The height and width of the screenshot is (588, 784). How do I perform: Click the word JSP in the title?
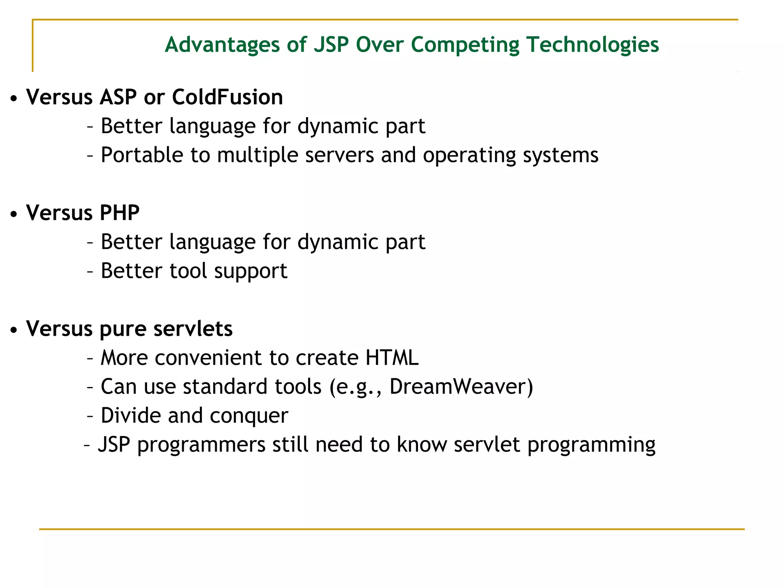(x=331, y=45)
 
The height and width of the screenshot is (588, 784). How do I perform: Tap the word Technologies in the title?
(x=593, y=45)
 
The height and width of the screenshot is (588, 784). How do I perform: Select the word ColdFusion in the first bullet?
(x=227, y=97)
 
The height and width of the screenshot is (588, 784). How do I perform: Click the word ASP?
(x=118, y=97)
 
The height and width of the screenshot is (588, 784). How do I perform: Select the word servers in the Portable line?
(x=339, y=155)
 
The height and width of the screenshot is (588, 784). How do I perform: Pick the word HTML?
(x=392, y=358)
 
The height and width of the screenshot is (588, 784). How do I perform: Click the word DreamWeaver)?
(x=461, y=387)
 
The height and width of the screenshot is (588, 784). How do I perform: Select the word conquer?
(x=249, y=416)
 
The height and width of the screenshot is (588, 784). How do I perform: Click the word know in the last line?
(x=421, y=444)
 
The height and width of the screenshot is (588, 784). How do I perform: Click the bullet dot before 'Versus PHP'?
(x=14, y=214)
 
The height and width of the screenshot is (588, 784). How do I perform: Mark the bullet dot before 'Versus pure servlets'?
(x=14, y=330)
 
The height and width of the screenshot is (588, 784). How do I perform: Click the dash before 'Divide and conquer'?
(x=90, y=416)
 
